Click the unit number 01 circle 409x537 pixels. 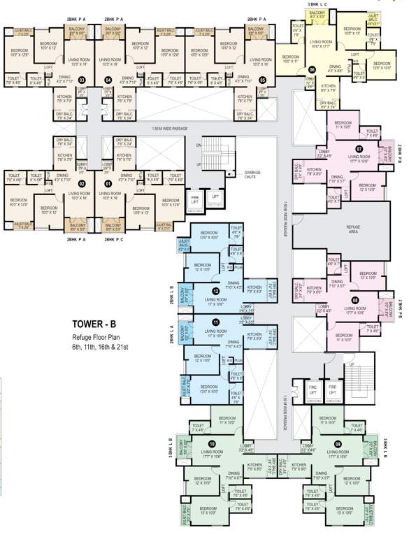click(108, 184)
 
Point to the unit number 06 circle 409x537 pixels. click(312, 70)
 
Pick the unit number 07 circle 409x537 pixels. click(359, 149)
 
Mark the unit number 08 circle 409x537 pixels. click(355, 301)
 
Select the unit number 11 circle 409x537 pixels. click(216, 322)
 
